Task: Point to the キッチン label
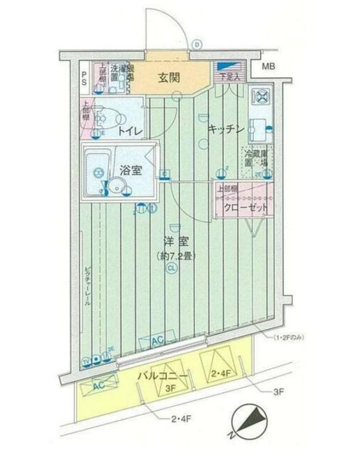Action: click(226, 129)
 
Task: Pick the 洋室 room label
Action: click(173, 241)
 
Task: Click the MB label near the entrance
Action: click(268, 67)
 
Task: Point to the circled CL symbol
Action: click(172, 268)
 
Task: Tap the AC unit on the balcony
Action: click(98, 385)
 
